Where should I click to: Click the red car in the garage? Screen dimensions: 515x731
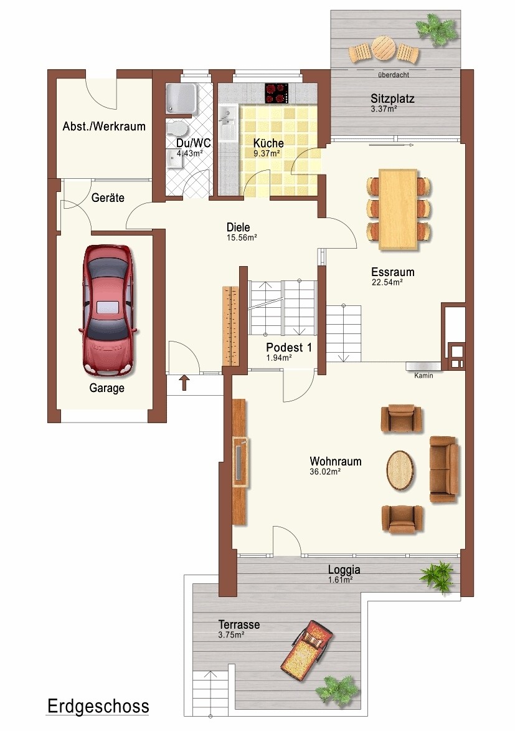pos(108,310)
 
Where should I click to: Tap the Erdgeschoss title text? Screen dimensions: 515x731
pos(98,706)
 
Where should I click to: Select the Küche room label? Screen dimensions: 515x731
pos(268,143)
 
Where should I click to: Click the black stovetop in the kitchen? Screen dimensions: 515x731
pos(277,93)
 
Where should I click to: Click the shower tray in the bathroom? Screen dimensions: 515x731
pos(181,98)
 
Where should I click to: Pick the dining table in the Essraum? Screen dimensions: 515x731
pos(397,209)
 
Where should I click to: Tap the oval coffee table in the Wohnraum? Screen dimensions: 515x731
pos(400,470)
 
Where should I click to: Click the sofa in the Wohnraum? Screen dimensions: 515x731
pos(444,469)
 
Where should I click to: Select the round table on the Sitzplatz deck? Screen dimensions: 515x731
pos(384,47)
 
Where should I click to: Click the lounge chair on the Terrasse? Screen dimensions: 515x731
pos(306,649)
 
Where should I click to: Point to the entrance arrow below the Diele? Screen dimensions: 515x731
pos(184,382)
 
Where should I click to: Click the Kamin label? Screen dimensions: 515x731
pos(423,375)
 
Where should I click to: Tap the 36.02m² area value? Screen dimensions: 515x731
pos(325,471)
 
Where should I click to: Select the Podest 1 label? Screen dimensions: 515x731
pos(289,347)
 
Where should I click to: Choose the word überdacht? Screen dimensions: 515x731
pos(394,75)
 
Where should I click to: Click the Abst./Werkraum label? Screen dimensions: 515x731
pos(104,127)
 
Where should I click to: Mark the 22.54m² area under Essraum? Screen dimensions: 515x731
pos(387,282)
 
